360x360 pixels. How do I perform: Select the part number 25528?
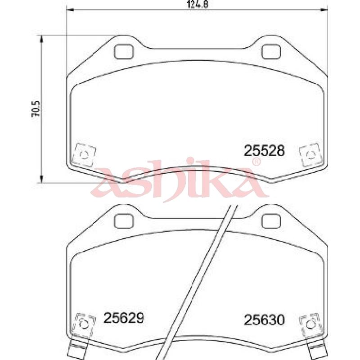click(x=264, y=150)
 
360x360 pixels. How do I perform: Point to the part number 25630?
click(x=264, y=320)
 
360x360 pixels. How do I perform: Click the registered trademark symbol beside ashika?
click(x=256, y=162)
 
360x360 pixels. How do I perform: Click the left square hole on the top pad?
click(x=124, y=52)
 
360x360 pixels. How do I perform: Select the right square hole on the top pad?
click(x=270, y=52)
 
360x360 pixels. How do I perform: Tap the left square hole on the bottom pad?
click(x=124, y=220)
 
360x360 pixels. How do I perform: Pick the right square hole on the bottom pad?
click(x=270, y=220)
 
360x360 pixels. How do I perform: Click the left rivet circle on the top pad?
click(x=84, y=154)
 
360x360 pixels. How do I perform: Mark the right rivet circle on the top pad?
click(x=310, y=154)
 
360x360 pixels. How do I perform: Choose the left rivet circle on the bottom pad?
click(x=84, y=324)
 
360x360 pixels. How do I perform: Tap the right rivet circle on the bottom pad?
click(x=310, y=324)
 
